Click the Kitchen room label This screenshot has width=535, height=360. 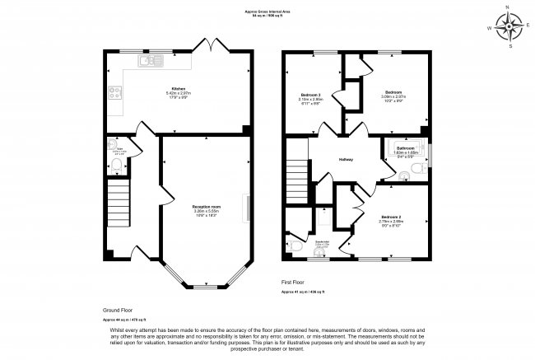click(178, 89)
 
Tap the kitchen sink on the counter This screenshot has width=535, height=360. click(151, 59)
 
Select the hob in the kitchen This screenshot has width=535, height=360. click(114, 91)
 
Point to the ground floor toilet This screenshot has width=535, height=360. click(117, 167)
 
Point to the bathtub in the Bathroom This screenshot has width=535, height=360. click(401, 152)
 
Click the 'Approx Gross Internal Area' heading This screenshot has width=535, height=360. click(267, 11)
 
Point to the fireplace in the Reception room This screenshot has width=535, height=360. click(244, 207)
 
